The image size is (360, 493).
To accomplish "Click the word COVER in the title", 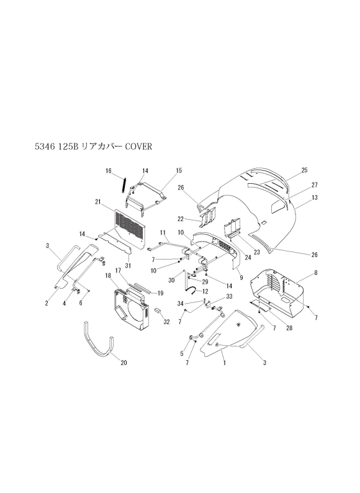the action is tap(138, 146).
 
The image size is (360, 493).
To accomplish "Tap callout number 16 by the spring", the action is tap(109, 170).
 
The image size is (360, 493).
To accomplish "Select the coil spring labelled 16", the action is tap(124, 186).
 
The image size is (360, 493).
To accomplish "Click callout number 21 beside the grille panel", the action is tap(98, 202).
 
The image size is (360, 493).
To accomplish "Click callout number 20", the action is tap(124, 363).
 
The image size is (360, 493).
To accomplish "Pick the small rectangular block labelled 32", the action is tap(157, 310).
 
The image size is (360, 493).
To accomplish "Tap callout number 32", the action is tap(166, 322).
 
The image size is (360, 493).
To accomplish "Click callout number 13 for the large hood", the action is tap(314, 197).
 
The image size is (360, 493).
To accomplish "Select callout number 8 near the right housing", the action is tap(316, 273).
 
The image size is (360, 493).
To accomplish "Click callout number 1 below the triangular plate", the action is tap(225, 363).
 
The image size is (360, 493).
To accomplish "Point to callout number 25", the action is tap(304, 170).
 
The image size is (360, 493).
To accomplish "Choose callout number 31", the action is tap(128, 266).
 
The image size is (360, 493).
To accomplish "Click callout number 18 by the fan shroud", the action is tap(108, 275).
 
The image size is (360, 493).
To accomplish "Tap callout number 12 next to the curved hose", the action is tap(205, 292).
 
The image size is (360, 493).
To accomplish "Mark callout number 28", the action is tap(289, 328).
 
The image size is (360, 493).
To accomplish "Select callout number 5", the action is tap(182, 353).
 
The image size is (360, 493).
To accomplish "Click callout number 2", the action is tap(47, 303).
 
